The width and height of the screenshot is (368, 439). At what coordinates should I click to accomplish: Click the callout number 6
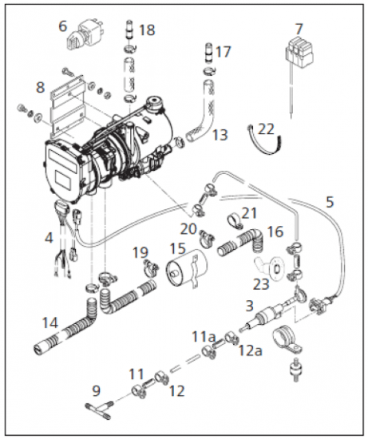click(x=62, y=26)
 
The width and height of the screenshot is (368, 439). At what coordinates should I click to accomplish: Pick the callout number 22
click(x=267, y=129)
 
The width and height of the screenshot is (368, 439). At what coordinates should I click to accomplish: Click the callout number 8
click(x=40, y=86)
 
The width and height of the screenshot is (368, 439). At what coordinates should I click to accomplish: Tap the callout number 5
click(x=329, y=201)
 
